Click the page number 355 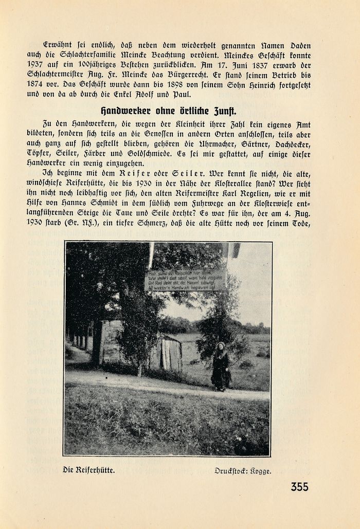point(299,487)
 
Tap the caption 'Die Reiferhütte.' point(88,469)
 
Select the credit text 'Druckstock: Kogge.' point(243,470)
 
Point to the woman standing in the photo point(221,367)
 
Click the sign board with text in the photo point(185,280)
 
